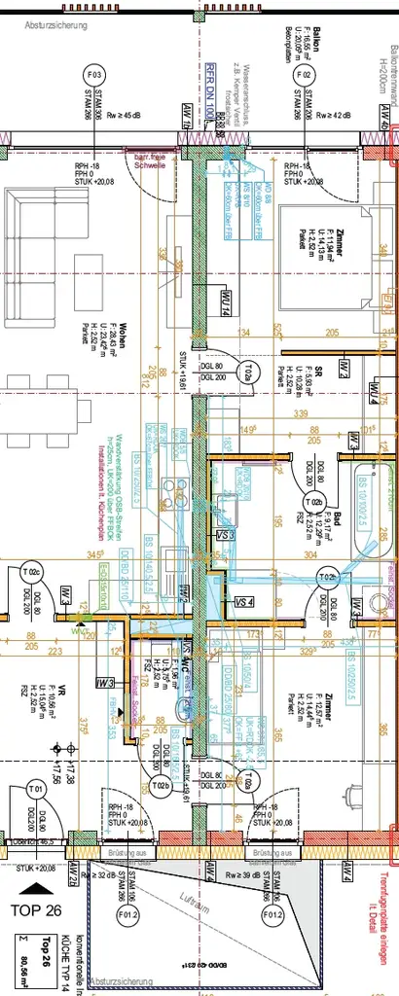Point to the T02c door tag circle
click(35, 573)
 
